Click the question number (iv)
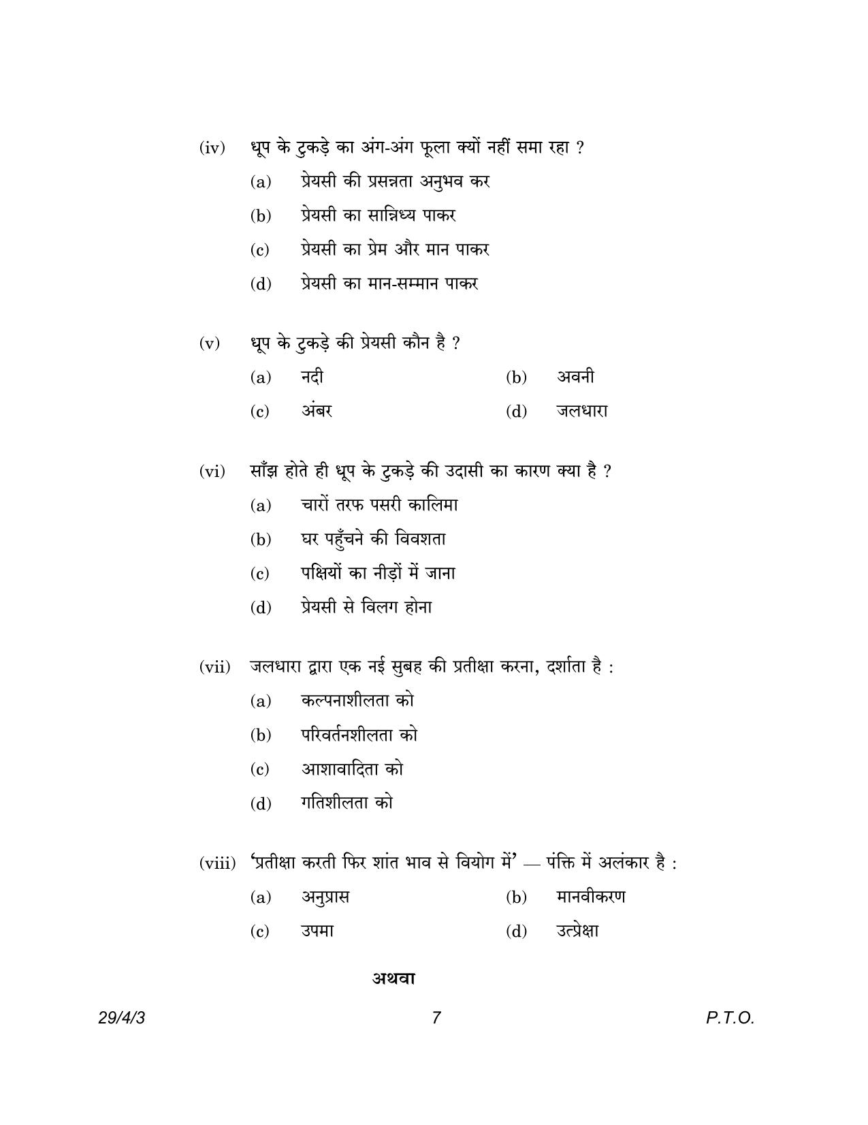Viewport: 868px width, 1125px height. (212, 148)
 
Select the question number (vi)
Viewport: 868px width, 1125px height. (212, 472)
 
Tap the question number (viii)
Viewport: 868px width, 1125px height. (217, 864)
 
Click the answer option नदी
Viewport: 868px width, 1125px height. (312, 377)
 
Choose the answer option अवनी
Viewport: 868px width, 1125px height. (575, 377)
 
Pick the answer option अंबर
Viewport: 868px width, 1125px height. (317, 411)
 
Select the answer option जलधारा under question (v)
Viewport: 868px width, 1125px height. (582, 411)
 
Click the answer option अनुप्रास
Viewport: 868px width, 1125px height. (325, 897)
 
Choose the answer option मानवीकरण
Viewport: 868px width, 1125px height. (590, 897)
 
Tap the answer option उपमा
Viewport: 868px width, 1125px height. (317, 931)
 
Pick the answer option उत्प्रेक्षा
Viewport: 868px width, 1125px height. (577, 931)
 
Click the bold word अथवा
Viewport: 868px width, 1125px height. (393, 978)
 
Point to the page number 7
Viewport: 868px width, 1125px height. (436, 1018)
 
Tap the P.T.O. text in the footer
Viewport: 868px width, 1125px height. (730, 1018)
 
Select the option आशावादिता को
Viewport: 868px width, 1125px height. (352, 769)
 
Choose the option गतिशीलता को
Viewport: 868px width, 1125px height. (347, 803)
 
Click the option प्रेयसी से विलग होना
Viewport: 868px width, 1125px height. (366, 607)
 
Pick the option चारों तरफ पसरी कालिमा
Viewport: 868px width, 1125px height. (379, 505)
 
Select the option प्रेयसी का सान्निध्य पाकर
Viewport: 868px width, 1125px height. (378, 215)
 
